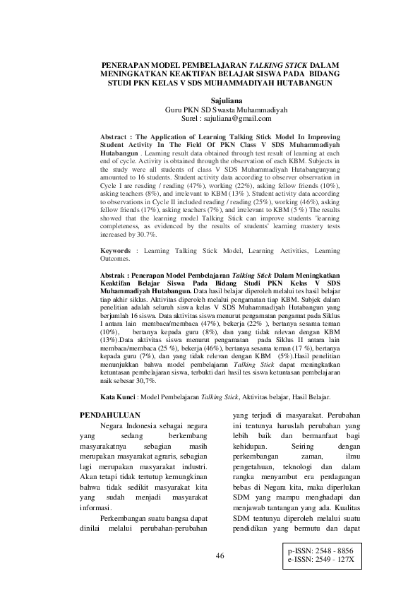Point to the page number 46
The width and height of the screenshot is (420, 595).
[x=220, y=556]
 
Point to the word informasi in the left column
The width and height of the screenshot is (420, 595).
[x=95, y=509]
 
